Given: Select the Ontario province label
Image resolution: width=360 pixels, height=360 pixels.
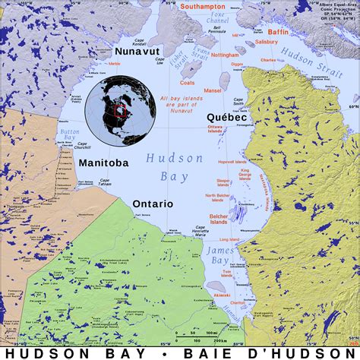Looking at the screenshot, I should click(x=153, y=204).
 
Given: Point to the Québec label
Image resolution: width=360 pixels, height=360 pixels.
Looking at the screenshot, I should click(x=226, y=117).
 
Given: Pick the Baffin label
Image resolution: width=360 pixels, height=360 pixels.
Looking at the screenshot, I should click(x=278, y=32).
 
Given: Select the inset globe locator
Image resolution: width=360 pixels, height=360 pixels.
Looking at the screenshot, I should click(x=115, y=110).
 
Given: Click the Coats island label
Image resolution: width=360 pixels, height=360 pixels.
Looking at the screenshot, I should click(x=188, y=83).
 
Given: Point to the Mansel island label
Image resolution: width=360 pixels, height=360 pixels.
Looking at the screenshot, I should click(x=213, y=90).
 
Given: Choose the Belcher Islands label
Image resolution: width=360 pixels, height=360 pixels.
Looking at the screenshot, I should click(x=219, y=219).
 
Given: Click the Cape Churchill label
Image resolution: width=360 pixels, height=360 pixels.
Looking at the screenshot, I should click(x=82, y=146).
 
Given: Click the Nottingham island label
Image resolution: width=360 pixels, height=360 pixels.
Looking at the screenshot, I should click(x=226, y=55).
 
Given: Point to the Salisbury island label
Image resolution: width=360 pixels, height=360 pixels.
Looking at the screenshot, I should click(x=267, y=43).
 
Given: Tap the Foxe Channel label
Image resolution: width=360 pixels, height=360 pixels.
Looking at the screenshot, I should click(x=219, y=17).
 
